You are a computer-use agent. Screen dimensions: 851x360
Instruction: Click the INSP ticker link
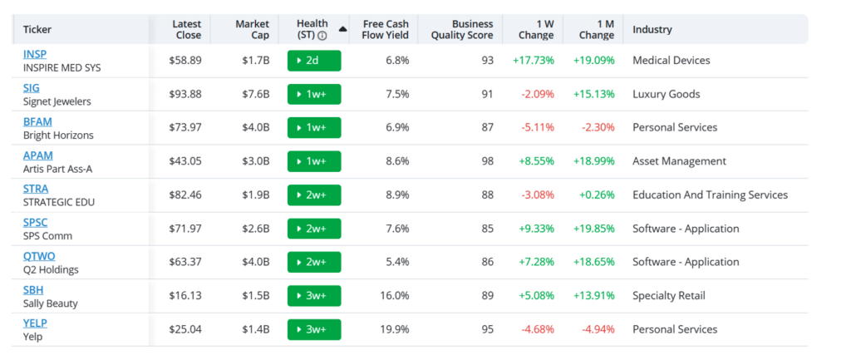coord(35,54)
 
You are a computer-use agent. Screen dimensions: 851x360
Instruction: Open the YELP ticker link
coord(35,323)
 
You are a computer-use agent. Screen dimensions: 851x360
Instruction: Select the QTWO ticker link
coord(39,256)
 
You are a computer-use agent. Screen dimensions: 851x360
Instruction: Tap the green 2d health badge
coord(314,60)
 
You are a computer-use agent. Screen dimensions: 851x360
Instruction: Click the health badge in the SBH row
coord(314,296)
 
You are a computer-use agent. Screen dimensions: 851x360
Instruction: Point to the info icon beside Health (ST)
coord(322,36)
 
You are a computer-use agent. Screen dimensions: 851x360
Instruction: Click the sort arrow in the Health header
coord(342,29)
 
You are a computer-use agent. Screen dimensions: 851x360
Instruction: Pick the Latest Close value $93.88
coord(185,94)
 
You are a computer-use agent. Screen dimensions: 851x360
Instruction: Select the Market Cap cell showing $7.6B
coord(256,94)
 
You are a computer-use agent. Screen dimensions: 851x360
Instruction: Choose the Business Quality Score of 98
coord(487,161)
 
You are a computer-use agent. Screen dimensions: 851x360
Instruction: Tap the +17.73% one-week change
coord(534,60)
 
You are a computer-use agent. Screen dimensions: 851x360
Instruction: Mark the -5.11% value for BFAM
coord(538,127)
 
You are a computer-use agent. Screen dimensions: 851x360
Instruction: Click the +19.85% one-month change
coord(593,229)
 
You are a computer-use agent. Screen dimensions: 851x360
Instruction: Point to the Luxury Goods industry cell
coord(667,94)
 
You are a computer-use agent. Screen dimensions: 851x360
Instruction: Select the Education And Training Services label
coord(710,195)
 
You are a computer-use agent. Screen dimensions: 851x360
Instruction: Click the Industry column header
coord(652,30)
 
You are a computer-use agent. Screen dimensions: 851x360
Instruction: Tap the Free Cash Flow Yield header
coord(386,30)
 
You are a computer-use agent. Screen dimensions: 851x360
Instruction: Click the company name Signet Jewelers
coord(57,101)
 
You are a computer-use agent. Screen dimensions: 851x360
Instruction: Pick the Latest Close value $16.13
coord(185,296)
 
